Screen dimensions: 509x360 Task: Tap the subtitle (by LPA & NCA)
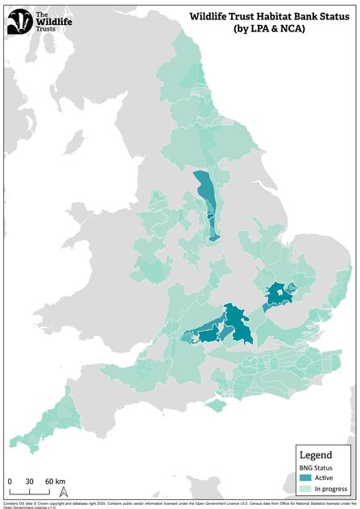click(x=271, y=28)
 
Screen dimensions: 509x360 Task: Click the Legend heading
click(x=316, y=455)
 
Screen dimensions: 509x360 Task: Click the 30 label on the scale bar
click(x=29, y=481)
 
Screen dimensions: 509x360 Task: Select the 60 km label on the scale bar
click(x=55, y=481)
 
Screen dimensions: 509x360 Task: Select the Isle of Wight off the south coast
click(x=213, y=405)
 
